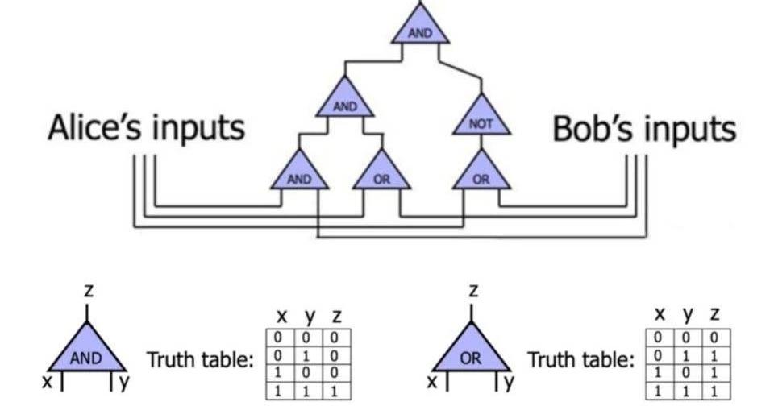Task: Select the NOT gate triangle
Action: coord(481,122)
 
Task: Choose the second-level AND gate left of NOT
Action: coord(345,102)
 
